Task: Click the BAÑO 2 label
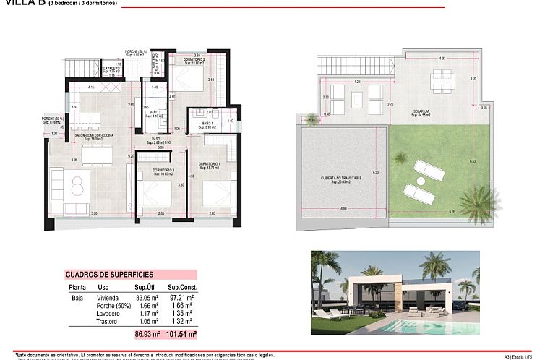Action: [x=155, y=113]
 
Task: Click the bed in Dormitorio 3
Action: [x=157, y=195]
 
